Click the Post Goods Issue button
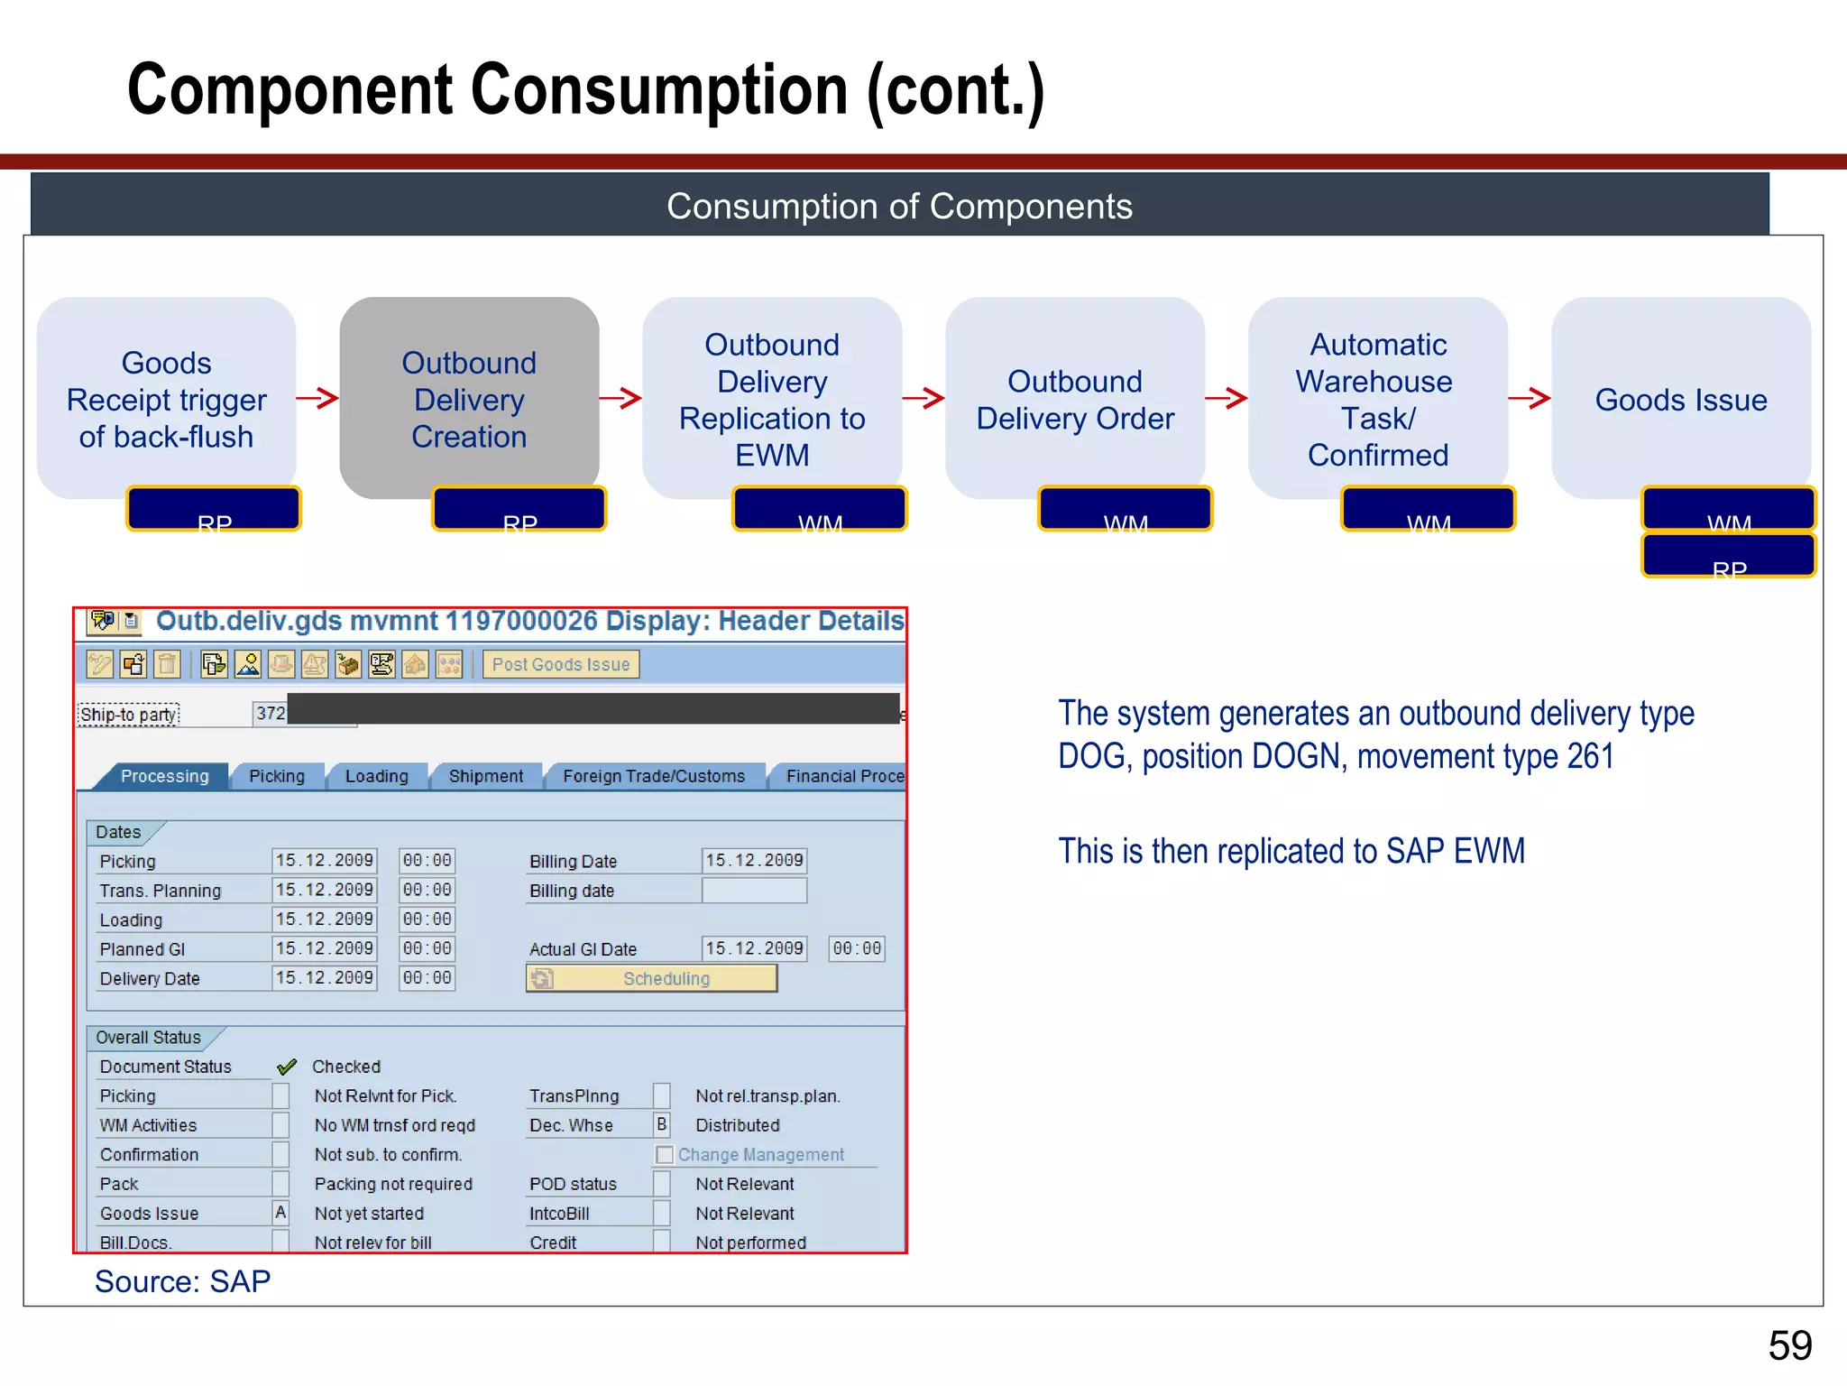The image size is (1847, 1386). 560,665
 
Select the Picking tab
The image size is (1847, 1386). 277,777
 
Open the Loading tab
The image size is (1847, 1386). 376,777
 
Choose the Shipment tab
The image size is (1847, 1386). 485,777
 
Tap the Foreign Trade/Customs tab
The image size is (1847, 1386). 654,777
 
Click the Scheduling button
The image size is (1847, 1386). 651,979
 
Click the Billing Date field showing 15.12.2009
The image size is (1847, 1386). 754,861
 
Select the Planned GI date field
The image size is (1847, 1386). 324,949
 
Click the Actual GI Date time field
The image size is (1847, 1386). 857,949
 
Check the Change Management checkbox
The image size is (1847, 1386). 665,1155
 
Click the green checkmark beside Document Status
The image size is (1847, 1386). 287,1067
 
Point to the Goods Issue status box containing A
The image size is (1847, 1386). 280,1214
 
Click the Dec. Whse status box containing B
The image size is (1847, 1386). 662,1125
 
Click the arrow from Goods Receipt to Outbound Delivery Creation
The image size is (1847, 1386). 317,398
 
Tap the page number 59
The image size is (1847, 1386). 1789,1346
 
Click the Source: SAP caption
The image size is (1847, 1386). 182,1282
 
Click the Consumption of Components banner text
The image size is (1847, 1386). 899,207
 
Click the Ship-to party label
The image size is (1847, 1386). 128,716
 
